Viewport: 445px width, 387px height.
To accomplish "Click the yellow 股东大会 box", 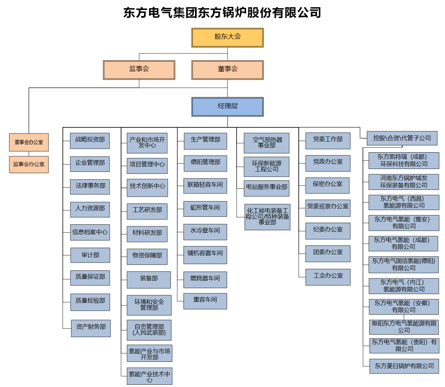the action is (227, 37).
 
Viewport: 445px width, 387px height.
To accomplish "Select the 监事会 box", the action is (139, 70).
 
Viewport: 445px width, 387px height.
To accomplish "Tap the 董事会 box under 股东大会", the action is (227, 70).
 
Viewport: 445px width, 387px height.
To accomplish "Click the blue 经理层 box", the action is (227, 107).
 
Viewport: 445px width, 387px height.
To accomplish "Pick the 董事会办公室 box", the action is (29, 142).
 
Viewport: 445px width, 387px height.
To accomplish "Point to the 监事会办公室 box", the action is (29, 164).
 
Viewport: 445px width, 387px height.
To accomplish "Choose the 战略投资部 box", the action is (90, 140).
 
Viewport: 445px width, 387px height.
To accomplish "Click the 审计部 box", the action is (90, 255).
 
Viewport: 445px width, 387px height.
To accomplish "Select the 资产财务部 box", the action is (91, 328).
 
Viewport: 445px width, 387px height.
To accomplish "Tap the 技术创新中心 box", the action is (147, 188).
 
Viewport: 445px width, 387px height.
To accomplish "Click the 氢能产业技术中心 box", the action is (150, 376).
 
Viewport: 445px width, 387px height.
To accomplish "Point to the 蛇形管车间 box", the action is (205, 209).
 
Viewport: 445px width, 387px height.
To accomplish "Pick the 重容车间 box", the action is (205, 301).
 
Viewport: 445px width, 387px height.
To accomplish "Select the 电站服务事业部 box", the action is (266, 188).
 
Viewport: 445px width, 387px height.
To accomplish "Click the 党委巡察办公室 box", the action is (328, 208).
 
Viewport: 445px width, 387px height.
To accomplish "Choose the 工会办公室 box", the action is (328, 277).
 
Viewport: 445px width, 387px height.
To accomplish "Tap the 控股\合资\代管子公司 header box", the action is (402, 138).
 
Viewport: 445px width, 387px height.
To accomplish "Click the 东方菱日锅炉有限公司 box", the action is (404, 366).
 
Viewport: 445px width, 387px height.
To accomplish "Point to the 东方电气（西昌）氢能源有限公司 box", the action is (404, 202).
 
